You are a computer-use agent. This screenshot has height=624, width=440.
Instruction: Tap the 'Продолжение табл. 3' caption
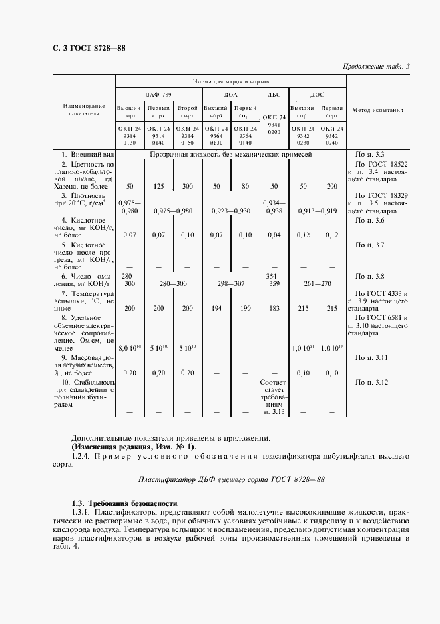(x=377, y=66)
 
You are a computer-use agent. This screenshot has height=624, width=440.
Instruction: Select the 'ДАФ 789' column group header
(x=158, y=95)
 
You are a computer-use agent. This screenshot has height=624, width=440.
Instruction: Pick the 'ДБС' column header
(x=274, y=95)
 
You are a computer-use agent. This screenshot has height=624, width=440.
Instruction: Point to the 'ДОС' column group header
(x=317, y=95)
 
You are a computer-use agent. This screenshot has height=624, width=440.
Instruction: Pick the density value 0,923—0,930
(x=231, y=211)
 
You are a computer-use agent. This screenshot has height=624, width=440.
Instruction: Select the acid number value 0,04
(x=274, y=235)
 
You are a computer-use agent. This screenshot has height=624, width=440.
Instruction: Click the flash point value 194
(x=216, y=309)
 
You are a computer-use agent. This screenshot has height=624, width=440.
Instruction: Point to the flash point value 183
(x=274, y=309)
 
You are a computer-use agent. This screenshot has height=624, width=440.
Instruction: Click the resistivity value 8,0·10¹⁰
(x=129, y=347)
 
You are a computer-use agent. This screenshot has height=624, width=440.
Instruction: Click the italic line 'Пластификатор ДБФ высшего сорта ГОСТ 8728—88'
(x=231, y=479)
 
